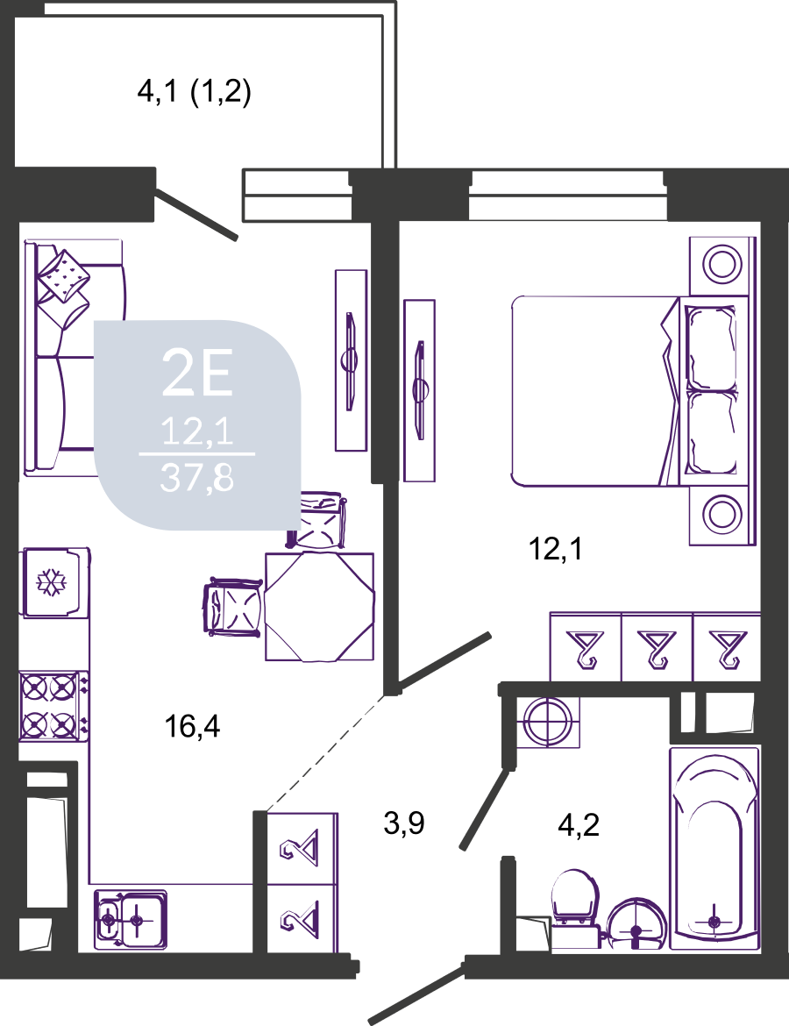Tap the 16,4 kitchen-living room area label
click(192, 726)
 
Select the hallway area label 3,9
click(404, 823)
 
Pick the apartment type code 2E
click(197, 372)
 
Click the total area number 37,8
click(197, 478)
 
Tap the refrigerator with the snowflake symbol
click(55, 582)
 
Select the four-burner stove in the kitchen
click(53, 706)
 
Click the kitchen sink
click(131, 919)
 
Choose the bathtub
click(714, 847)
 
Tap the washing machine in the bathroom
click(548, 723)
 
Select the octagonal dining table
click(320, 607)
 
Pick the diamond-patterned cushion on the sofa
click(63, 277)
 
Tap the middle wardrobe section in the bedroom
click(657, 647)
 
